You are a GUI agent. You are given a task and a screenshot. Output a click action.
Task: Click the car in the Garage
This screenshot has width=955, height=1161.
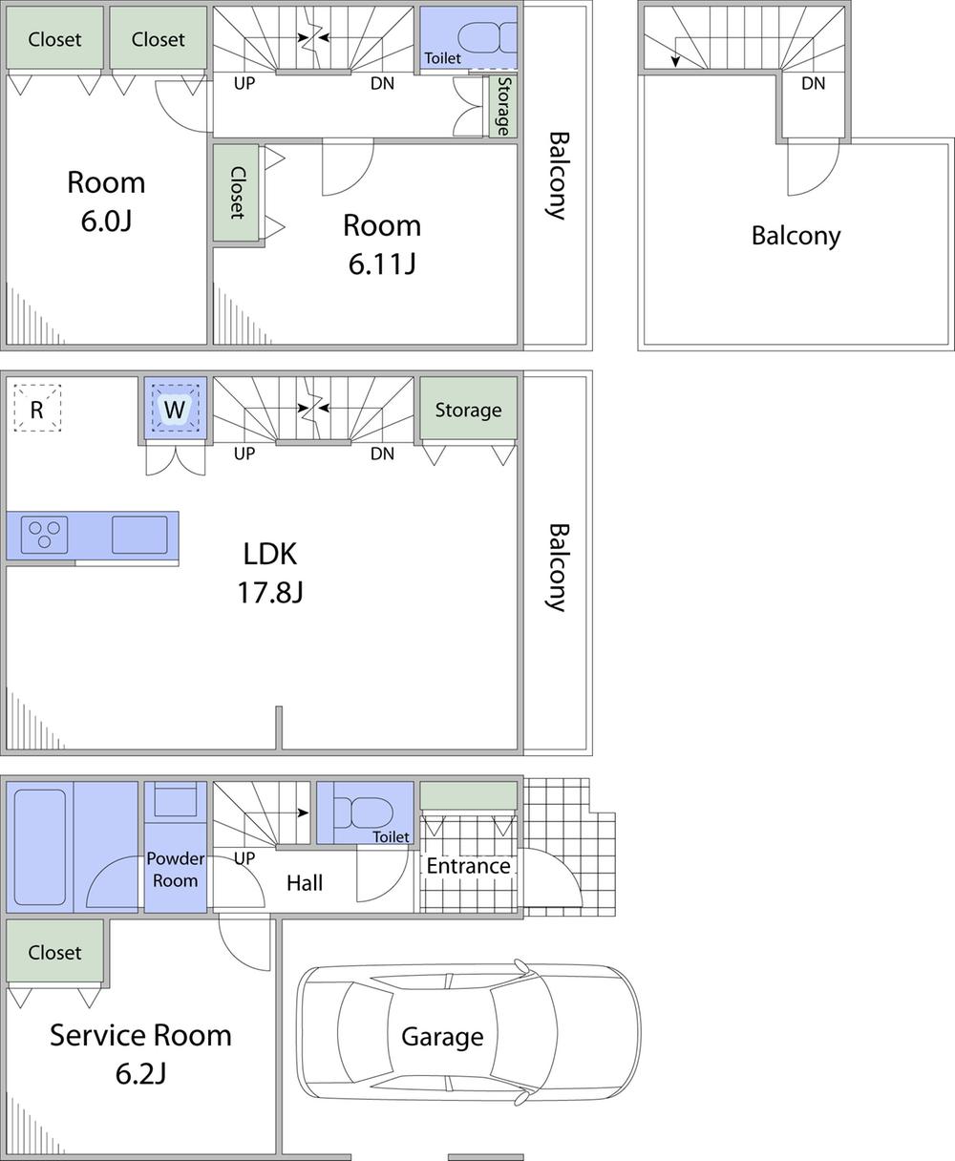[x=468, y=1034]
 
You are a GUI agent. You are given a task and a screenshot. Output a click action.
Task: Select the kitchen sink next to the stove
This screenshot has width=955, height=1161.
[x=139, y=535]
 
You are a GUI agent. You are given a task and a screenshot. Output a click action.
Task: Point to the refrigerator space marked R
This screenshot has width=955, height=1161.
[x=37, y=409]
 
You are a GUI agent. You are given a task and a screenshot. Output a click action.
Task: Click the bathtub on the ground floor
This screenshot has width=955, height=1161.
[x=40, y=846]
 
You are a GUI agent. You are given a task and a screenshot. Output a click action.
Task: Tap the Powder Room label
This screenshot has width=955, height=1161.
[x=175, y=870]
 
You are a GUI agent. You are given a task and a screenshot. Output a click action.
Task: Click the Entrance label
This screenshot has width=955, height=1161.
[x=468, y=866]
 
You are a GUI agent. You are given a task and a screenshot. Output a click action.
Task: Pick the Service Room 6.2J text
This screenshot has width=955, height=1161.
[x=140, y=1054]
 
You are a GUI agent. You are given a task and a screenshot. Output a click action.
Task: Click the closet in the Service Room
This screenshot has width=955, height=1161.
[x=54, y=952]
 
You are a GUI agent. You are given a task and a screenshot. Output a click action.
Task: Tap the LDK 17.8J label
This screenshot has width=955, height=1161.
[x=269, y=573]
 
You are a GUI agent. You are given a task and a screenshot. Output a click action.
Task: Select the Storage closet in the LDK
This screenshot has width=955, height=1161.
[x=468, y=410]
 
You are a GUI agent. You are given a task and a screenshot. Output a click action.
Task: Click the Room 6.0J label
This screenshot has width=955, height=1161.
[x=106, y=201]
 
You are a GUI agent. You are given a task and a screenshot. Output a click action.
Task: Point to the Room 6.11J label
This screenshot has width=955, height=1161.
[x=381, y=244]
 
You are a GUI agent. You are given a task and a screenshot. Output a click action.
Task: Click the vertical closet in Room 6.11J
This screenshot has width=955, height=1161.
[x=236, y=192]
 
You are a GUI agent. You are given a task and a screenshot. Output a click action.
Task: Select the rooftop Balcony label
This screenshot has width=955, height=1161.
[x=796, y=236]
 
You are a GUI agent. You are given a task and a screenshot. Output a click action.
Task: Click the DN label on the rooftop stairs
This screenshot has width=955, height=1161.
[x=813, y=84]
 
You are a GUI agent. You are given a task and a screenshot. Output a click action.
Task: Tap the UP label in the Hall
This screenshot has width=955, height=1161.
[x=244, y=858]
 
